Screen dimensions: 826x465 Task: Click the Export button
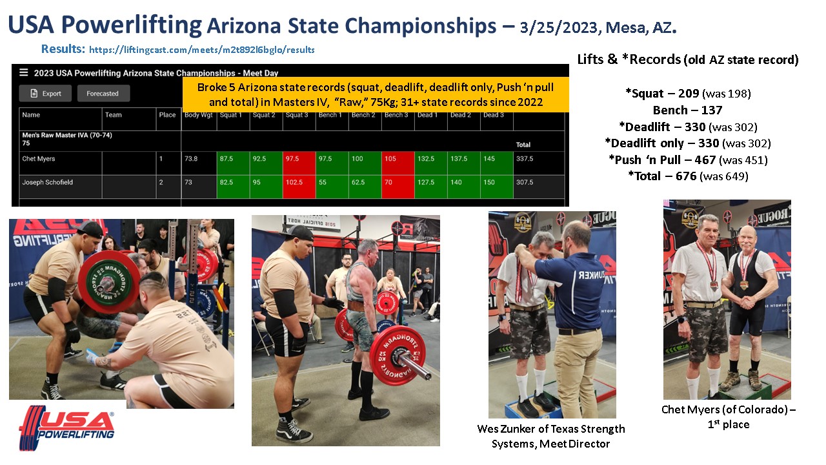pyautogui.click(x=45, y=94)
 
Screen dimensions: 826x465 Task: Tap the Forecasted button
pyautogui.click(x=104, y=94)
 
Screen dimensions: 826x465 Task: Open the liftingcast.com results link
pyautogui.click(x=202, y=50)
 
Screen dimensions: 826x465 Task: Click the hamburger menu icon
pyautogui.click(x=24, y=72)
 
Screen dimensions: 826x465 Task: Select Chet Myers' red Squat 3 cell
pyautogui.click(x=299, y=163)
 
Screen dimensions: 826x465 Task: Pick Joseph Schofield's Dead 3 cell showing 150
pyautogui.click(x=497, y=187)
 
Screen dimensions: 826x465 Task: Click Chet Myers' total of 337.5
pyautogui.click(x=525, y=159)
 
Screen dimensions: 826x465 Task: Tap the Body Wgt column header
pyautogui.click(x=198, y=115)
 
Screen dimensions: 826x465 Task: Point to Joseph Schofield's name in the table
pyautogui.click(x=48, y=182)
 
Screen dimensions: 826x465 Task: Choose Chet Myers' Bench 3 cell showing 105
pyautogui.click(x=398, y=163)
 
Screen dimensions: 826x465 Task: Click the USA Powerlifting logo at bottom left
pyautogui.click(x=66, y=428)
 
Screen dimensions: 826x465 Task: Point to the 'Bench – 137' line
pyautogui.click(x=687, y=110)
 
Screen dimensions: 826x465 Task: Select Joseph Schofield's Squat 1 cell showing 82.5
pyautogui.click(x=233, y=187)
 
